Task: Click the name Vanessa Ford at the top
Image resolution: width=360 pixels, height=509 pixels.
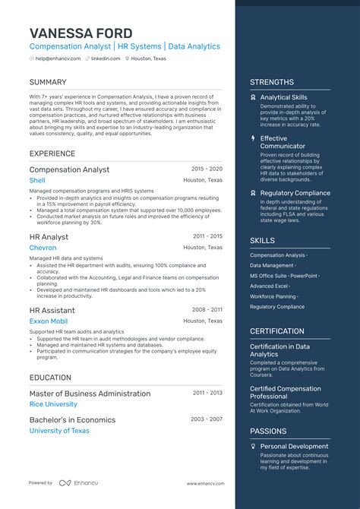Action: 81,33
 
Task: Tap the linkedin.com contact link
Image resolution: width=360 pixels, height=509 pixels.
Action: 105,58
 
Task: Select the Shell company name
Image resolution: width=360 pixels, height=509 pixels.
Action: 37,180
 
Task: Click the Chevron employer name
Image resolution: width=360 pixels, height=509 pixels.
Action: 43,248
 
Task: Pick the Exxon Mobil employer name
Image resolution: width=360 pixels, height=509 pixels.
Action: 49,321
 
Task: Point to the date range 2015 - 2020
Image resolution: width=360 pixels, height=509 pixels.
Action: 207,169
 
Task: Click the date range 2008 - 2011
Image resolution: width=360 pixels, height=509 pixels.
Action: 207,310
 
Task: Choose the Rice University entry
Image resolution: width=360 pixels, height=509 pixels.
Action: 53,404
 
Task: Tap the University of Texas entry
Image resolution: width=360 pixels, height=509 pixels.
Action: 59,431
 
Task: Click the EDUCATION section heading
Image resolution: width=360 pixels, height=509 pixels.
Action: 51,377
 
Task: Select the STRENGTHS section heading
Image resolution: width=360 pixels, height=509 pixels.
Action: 272,82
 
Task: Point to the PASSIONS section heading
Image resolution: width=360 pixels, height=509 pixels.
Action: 268,431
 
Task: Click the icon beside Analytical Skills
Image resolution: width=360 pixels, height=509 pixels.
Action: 254,98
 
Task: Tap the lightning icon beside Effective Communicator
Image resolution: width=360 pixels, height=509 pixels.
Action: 254,139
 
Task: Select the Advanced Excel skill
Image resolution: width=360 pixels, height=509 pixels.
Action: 270,286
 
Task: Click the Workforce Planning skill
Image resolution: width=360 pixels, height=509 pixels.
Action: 274,296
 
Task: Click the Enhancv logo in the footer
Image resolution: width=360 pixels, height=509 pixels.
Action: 75,483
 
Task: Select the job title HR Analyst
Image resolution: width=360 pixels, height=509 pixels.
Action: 49,237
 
